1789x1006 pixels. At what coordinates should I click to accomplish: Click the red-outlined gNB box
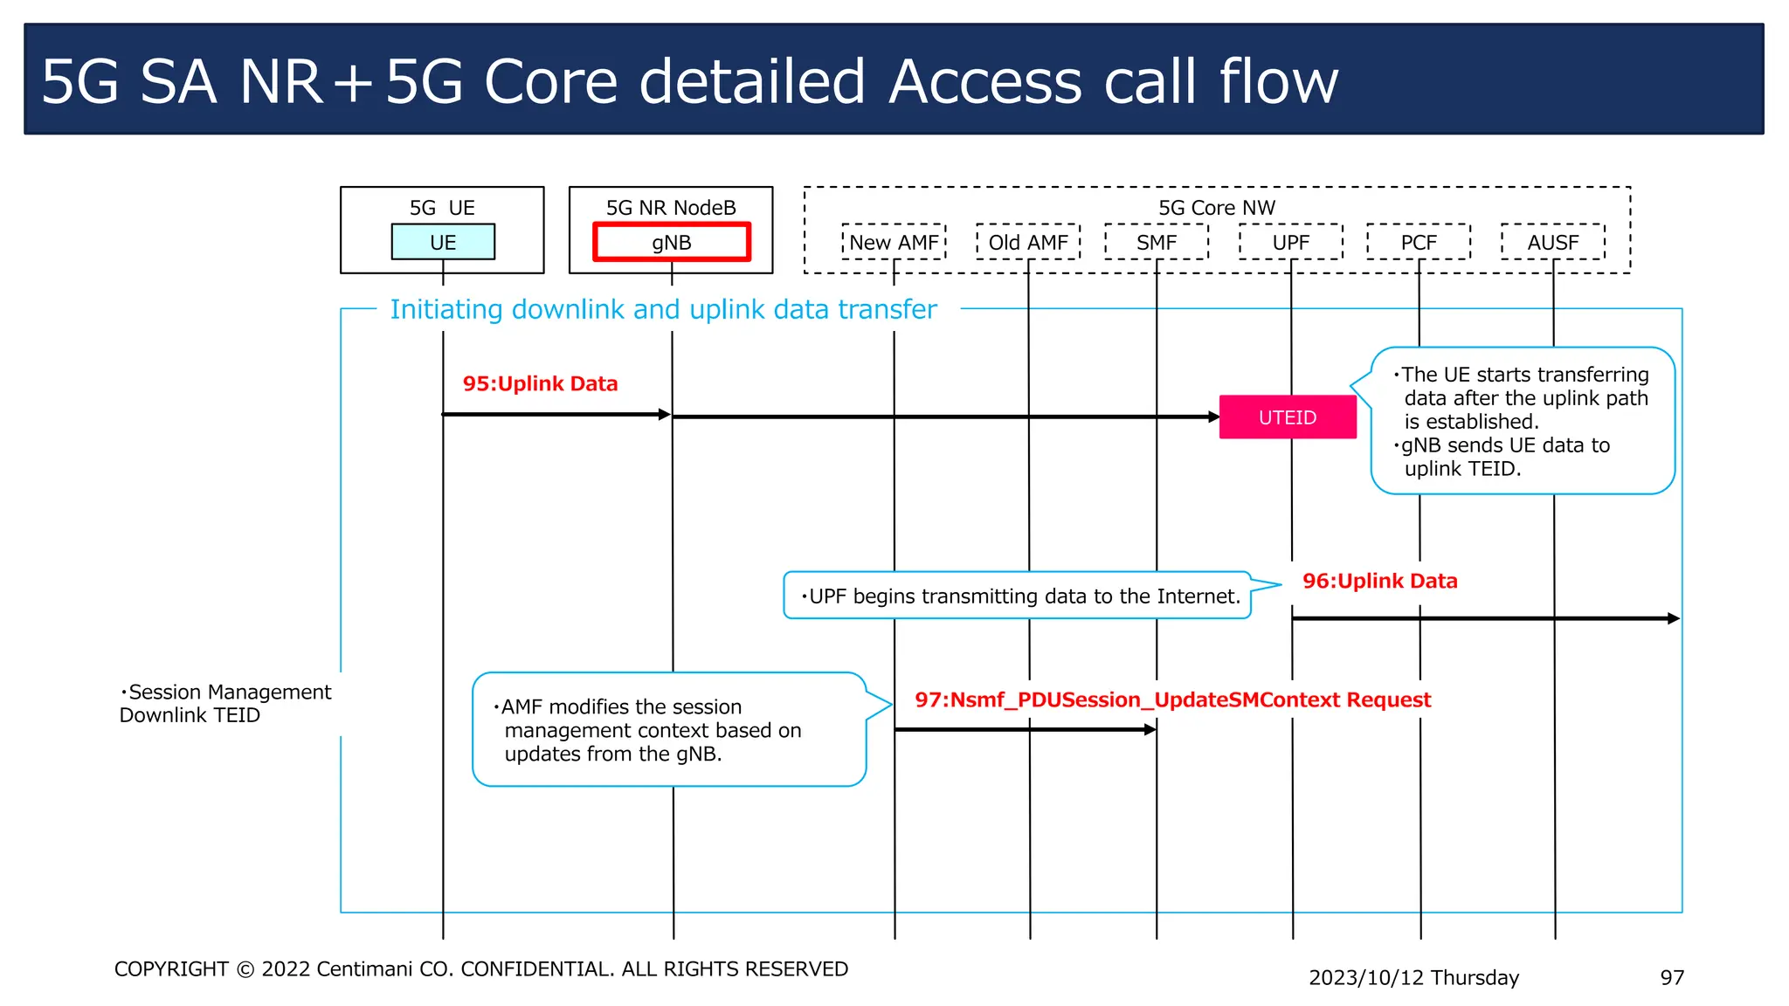pyautogui.click(x=671, y=242)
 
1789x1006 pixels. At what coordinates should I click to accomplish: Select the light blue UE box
pyautogui.click(x=443, y=242)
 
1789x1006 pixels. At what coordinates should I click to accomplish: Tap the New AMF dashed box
pyautogui.click(x=894, y=242)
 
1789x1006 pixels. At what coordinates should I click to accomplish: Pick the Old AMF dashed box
pyautogui.click(x=1028, y=242)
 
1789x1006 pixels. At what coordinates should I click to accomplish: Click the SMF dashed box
pyautogui.click(x=1157, y=242)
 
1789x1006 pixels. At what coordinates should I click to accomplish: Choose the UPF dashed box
pyautogui.click(x=1290, y=242)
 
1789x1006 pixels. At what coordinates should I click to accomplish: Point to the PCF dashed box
pyautogui.click(x=1419, y=242)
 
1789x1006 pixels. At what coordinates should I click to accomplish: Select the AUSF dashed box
pyautogui.click(x=1552, y=242)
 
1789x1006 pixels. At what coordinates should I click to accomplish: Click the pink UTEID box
pyautogui.click(x=1288, y=417)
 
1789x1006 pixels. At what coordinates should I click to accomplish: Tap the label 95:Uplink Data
pyautogui.click(x=540, y=383)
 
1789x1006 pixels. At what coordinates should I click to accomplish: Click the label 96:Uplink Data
pyautogui.click(x=1379, y=581)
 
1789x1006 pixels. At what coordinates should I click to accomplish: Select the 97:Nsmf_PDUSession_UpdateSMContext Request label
pyautogui.click(x=1172, y=699)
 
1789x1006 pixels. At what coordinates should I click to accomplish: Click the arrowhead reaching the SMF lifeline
pyautogui.click(x=1150, y=729)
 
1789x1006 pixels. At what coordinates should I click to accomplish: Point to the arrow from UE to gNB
pyautogui.click(x=556, y=414)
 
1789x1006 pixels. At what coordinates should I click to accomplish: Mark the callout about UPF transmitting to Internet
pyautogui.click(x=1018, y=596)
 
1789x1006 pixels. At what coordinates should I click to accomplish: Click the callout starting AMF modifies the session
pyautogui.click(x=668, y=729)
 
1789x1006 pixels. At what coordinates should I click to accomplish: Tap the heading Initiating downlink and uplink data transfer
pyautogui.click(x=663, y=309)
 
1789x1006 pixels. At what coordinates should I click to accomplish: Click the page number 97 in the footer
pyautogui.click(x=1671, y=977)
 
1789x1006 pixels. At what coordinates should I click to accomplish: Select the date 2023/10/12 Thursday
pyautogui.click(x=1413, y=977)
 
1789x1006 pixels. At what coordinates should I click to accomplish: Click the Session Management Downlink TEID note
pyautogui.click(x=225, y=703)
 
